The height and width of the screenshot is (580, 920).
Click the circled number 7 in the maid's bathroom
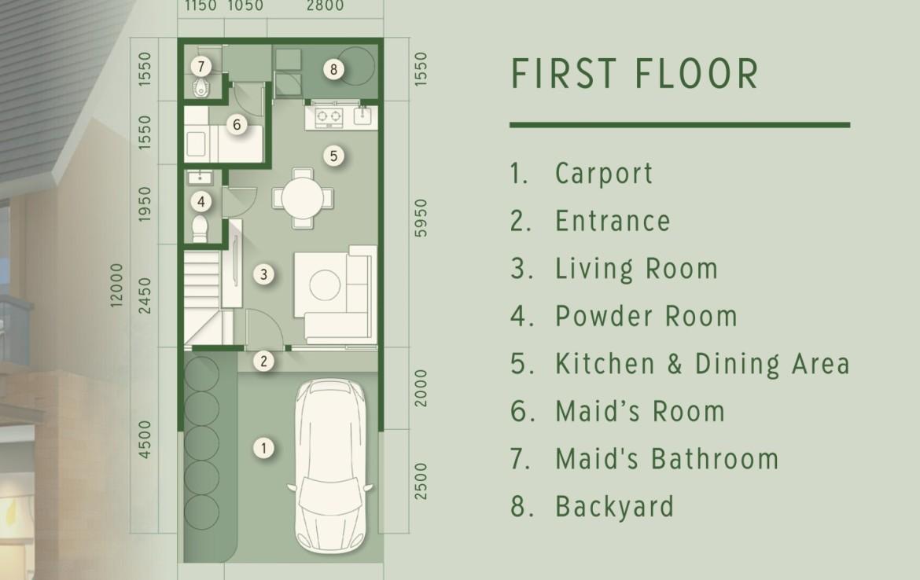pos(201,66)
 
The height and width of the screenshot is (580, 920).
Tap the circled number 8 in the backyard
pos(333,70)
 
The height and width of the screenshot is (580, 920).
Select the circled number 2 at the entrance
pos(263,362)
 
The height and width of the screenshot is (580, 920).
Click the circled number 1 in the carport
pos(263,449)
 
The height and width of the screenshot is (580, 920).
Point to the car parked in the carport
pos(330,466)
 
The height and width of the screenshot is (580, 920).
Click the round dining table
pos(302,198)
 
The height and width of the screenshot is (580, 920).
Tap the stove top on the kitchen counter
pos(329,116)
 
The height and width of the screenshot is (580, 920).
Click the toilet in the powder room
pos(200,228)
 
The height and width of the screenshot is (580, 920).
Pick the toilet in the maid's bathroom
pos(201,89)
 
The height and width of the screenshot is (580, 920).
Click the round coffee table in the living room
pos(325,285)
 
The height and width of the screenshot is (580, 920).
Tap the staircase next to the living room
pos(202,297)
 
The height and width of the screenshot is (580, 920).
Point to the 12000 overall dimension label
pos(116,285)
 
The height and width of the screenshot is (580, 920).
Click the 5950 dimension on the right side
pos(421,218)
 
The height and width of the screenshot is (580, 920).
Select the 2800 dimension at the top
pos(325,6)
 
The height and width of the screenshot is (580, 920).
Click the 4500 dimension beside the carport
pos(145,440)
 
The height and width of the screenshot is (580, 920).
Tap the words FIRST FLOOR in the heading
pos(635,74)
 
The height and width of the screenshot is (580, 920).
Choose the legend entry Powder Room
pos(646,316)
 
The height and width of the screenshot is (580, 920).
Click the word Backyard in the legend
pos(614,507)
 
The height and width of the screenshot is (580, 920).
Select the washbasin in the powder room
pos(201,177)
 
